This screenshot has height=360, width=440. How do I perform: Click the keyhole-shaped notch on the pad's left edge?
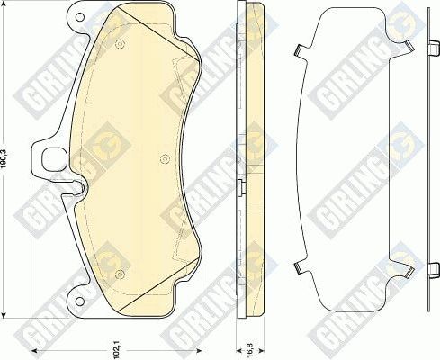[79, 190]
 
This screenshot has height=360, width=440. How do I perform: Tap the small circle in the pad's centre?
[164, 159]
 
